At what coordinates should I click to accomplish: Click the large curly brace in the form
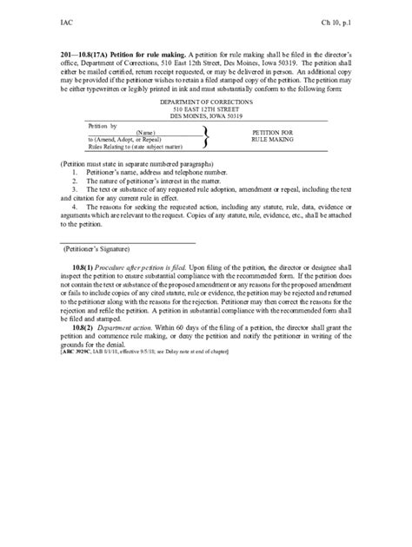click(205, 135)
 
